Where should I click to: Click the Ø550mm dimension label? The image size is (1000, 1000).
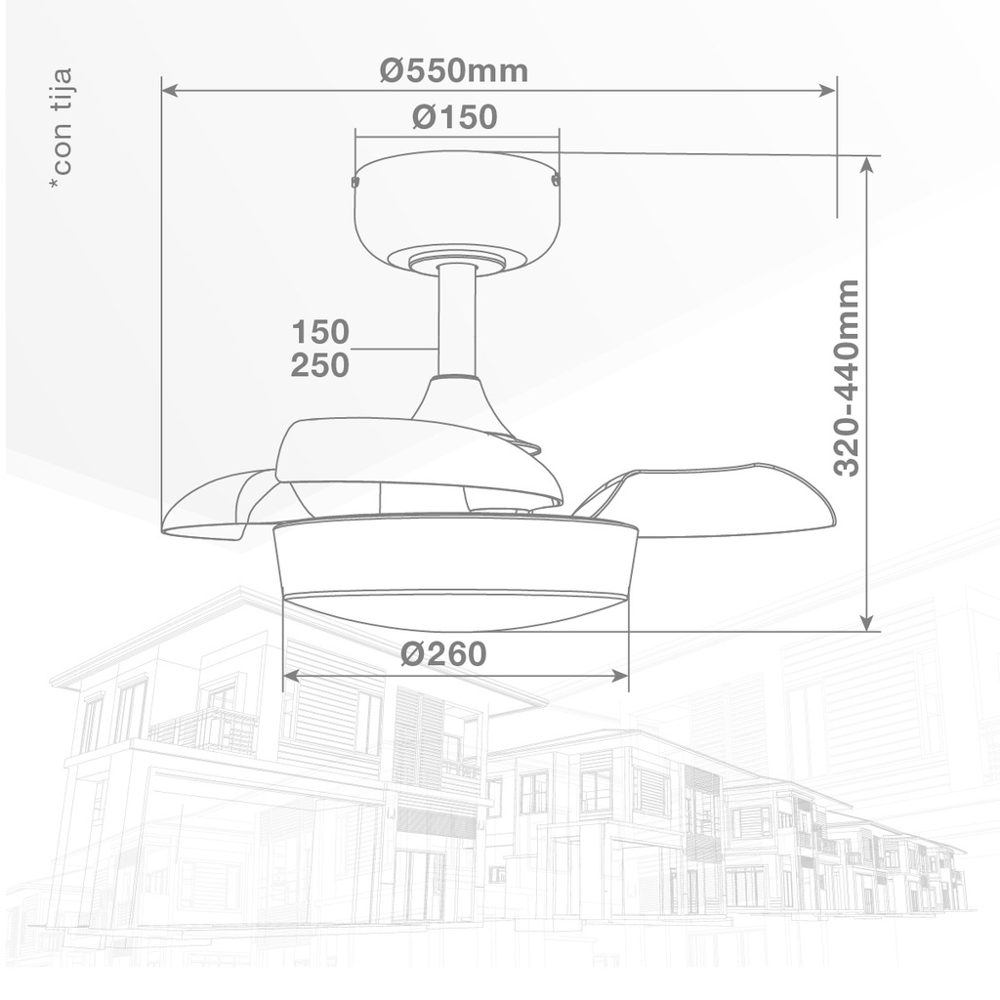pos(454,70)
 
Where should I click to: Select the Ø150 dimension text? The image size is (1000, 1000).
pos(454,117)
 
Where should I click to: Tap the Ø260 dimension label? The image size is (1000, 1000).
pos(443,653)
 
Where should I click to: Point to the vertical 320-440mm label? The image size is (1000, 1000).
pos(847,377)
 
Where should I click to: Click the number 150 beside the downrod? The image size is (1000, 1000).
pos(320,331)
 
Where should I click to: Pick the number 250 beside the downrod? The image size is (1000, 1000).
pos(320,365)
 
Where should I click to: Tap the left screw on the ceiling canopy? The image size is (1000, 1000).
pos(355,181)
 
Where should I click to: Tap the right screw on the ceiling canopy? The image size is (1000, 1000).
pos(557,180)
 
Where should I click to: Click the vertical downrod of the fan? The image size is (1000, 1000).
pos(456,322)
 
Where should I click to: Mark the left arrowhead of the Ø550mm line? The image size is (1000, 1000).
pos(168,91)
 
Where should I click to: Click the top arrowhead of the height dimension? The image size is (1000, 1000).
pos(865,164)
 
